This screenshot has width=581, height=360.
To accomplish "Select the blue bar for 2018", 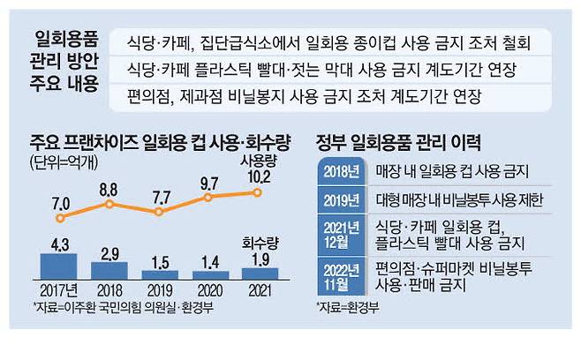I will pyautogui.click(x=109, y=269).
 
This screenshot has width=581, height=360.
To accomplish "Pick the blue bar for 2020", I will pyautogui.click(x=208, y=274).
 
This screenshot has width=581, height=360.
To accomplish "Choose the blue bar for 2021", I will pyautogui.click(x=259, y=273).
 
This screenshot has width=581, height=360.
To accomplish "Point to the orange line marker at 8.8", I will pyautogui.click(x=109, y=204).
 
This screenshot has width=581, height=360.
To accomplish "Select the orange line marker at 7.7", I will pyautogui.click(x=159, y=213).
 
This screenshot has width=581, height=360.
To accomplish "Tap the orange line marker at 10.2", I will pyautogui.click(x=259, y=193).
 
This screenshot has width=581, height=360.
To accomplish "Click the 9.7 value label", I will pyautogui.click(x=209, y=184).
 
